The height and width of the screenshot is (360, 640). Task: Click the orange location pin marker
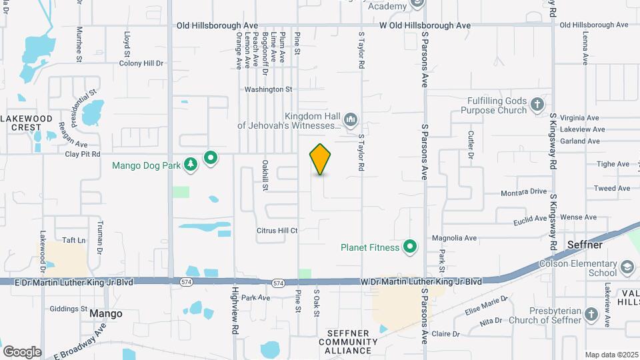click(x=320, y=159)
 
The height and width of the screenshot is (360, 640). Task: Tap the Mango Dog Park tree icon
click(x=191, y=164)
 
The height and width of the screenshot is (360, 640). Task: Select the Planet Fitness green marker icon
click(x=411, y=248)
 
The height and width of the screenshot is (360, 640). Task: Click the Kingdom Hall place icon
click(x=351, y=121)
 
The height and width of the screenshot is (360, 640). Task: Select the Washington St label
click(x=269, y=89)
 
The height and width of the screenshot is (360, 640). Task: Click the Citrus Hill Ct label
click(x=277, y=231)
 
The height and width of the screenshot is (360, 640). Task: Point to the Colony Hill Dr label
click(x=141, y=63)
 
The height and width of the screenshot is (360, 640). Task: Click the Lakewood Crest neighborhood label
click(x=26, y=123)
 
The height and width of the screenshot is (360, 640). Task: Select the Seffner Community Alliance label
click(x=353, y=341)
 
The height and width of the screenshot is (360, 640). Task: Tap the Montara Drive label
click(x=524, y=191)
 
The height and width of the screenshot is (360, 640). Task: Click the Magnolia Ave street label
click(x=454, y=237)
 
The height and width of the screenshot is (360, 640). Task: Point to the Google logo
click(x=22, y=351)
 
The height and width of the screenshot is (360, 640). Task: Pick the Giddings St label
click(x=69, y=309)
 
